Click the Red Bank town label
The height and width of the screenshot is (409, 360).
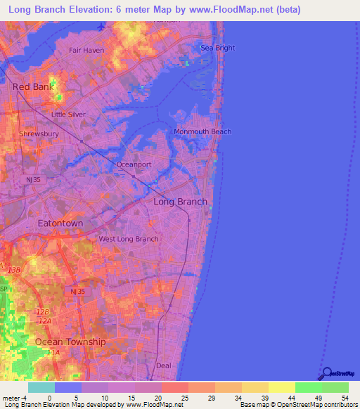[33, 86]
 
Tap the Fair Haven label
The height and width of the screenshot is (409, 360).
[86, 51]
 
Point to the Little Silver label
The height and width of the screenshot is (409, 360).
[69, 114]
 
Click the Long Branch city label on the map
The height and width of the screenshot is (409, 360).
[180, 202]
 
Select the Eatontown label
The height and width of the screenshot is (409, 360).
[60, 223]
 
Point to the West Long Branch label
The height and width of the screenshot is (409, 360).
[128, 239]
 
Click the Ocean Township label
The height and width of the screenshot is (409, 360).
[70, 342]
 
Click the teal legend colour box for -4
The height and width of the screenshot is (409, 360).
[41, 387]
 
